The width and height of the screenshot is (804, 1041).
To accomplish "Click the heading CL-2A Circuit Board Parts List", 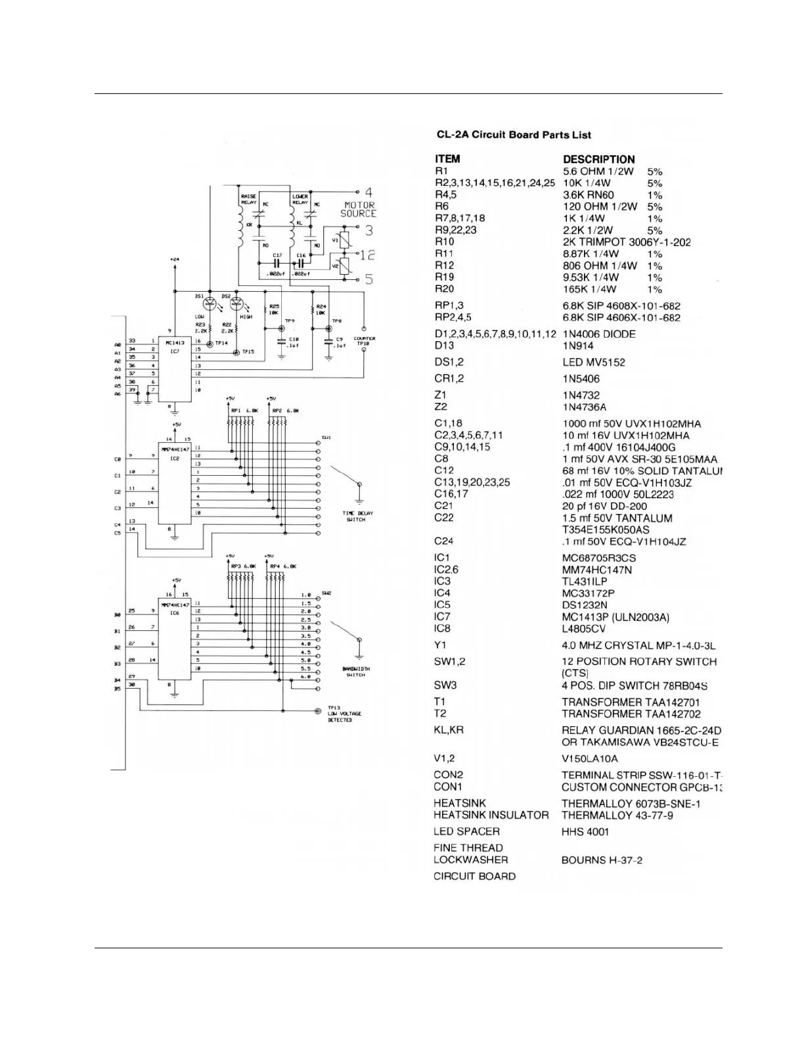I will coord(514,135).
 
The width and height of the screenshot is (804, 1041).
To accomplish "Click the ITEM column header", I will coord(447,159).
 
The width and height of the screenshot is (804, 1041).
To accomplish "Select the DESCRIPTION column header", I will coord(598,159).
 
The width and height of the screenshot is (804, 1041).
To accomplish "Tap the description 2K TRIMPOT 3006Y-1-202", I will coord(627,242).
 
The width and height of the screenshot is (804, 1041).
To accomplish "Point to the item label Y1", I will coord(439,645).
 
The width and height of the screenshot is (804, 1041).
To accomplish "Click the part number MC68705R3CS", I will coord(598,558).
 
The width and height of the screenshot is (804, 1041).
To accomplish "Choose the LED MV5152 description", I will coord(594,362).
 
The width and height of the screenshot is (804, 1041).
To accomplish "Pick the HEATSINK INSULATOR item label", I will coord(491,815).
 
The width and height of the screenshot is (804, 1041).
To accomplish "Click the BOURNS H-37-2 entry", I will coord(602,860).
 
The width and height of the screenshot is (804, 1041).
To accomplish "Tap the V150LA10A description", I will coord(590,758).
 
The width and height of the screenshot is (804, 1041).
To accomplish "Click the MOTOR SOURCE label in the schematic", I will coord(359,209).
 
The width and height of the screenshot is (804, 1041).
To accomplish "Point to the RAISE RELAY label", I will coord(248,199).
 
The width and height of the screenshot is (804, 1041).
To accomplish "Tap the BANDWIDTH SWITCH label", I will coord(356,672).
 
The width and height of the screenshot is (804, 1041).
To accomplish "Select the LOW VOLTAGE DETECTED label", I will coord(344,714).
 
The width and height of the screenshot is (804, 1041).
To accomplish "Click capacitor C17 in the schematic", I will coord(277,261).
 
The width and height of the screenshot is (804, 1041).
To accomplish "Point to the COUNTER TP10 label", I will coord(365,341).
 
